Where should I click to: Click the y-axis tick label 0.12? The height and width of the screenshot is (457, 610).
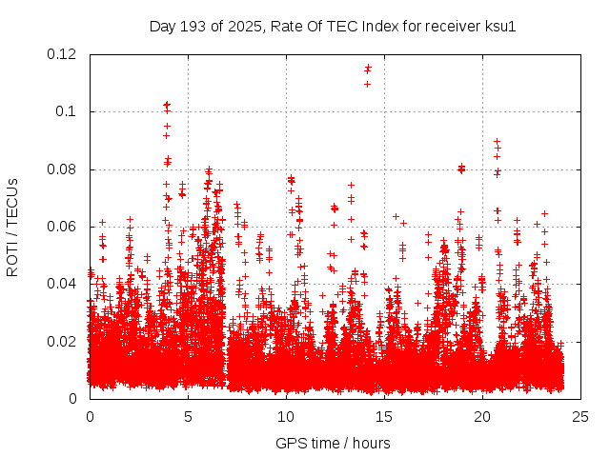tap(63, 54)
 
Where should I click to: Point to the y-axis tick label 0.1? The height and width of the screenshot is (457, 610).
tap(68, 111)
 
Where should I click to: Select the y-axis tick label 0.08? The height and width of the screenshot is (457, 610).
tap(63, 169)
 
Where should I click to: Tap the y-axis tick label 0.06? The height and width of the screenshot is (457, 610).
tap(63, 227)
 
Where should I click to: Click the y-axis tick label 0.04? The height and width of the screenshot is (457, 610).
tap(63, 284)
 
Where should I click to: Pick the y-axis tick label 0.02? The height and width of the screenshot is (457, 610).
tap(63, 341)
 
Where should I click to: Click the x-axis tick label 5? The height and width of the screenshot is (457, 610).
tap(188, 417)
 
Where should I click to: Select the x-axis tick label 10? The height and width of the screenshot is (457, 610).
tap(286, 417)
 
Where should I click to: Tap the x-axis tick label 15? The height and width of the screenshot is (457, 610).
tap(384, 417)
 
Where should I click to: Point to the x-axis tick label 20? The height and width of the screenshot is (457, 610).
tap(482, 417)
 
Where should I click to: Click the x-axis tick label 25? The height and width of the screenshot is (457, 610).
tap(580, 417)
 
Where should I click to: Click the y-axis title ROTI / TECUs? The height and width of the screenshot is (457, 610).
tap(13, 227)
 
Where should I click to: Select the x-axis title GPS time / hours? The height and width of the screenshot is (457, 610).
tap(333, 443)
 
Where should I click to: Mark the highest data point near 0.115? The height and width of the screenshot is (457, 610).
tap(368, 68)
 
